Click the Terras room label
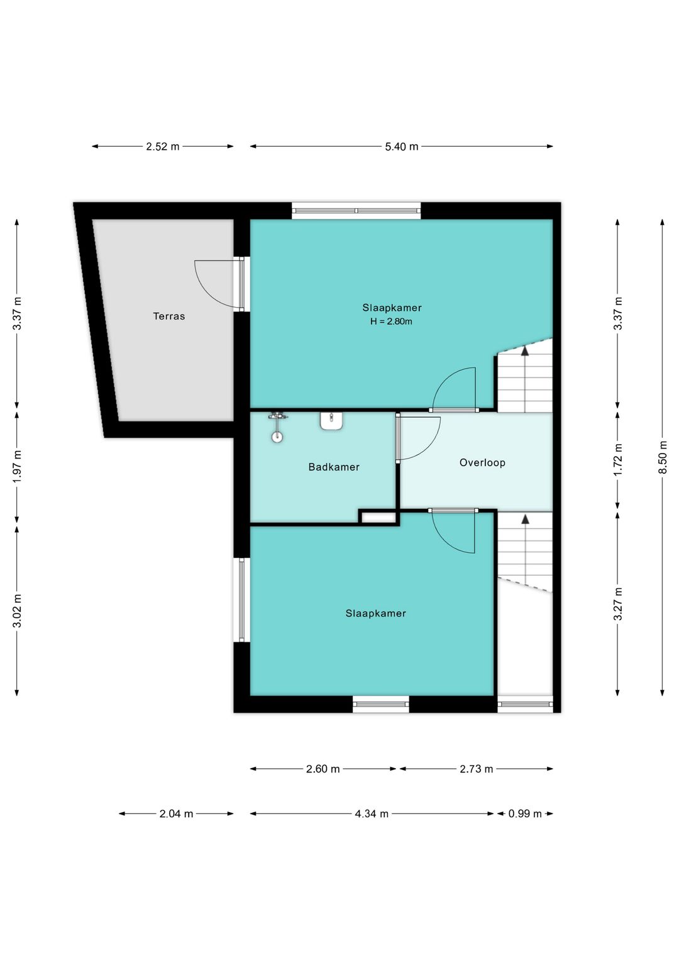point(168,316)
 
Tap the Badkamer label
point(334,467)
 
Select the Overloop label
point(482,463)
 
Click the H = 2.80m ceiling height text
point(391,321)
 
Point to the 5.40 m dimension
point(401,147)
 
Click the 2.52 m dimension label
point(163,147)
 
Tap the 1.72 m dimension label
point(617,459)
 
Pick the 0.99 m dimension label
point(525,813)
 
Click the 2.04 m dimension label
point(176,813)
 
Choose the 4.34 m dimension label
point(372,813)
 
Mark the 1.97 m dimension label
point(17,466)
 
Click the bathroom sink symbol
point(331,420)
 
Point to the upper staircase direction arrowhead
point(525,352)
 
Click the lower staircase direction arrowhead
point(525,519)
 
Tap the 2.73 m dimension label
point(477,769)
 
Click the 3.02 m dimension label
point(17,611)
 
